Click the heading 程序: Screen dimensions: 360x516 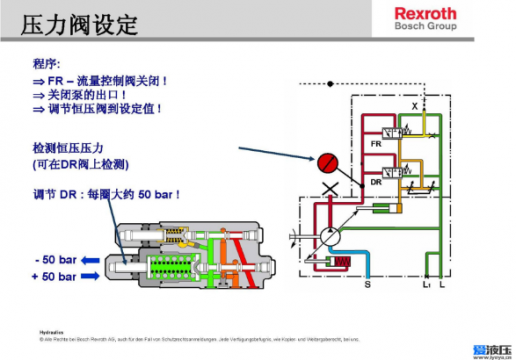coord(47,62)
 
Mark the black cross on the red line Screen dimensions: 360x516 coord(331,189)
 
